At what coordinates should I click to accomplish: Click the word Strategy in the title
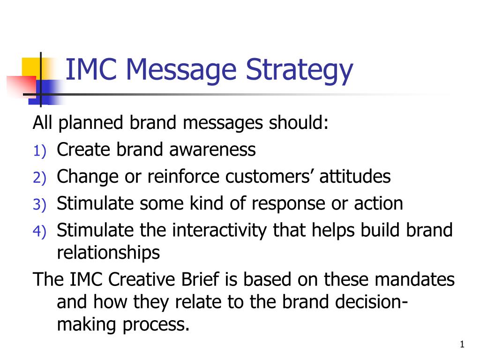[x=300, y=71]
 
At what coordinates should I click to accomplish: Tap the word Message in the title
[x=181, y=71]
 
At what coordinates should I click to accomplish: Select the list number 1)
[x=39, y=151]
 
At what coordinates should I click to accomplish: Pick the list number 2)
[x=39, y=178]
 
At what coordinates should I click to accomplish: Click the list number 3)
[x=39, y=205]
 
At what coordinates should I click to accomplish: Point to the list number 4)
[x=39, y=232]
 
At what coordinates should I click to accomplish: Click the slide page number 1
[x=462, y=345]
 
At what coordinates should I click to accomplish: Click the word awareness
[x=212, y=150]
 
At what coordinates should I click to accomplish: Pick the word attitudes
[x=355, y=177]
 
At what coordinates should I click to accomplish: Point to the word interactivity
[x=219, y=231]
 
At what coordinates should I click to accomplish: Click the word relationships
[x=108, y=253]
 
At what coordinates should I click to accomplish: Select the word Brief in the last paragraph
[x=200, y=279]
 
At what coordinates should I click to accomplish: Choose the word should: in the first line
[x=299, y=122]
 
